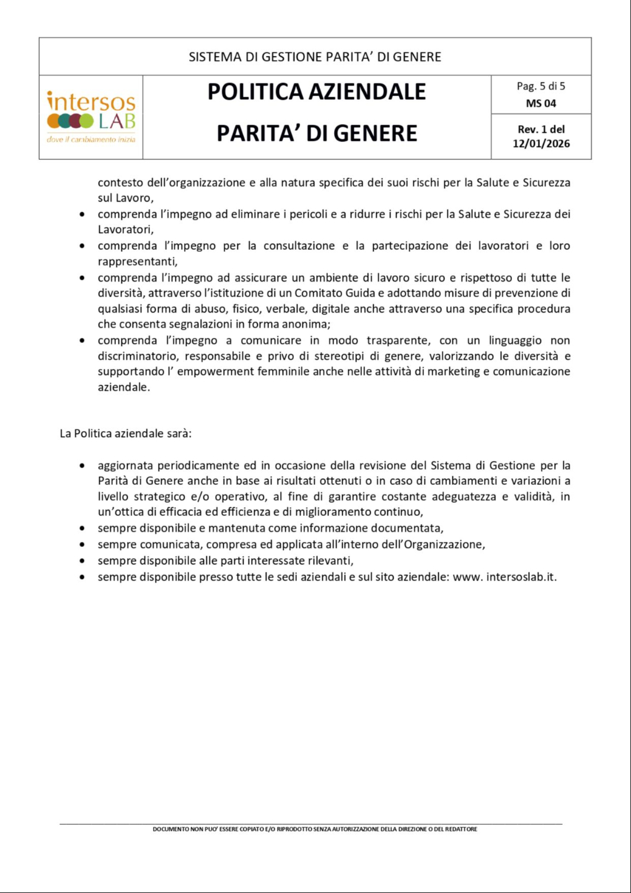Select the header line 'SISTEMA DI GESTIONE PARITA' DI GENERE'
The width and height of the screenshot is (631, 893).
315,57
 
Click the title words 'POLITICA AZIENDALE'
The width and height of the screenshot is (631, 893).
316,92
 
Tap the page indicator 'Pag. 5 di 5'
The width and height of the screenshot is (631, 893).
541,86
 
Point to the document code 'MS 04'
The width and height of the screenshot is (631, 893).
541,104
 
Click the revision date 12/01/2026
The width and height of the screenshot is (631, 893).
541,144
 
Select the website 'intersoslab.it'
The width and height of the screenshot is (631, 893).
521,577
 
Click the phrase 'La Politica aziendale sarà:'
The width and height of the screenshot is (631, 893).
126,433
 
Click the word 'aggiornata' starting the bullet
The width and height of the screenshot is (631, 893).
125,465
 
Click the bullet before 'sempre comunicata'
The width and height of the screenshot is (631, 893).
82,544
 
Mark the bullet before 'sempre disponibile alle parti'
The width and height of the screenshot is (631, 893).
82,561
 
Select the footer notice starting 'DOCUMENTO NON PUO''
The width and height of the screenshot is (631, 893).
315,829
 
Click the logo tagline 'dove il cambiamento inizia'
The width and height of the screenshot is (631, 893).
90,140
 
